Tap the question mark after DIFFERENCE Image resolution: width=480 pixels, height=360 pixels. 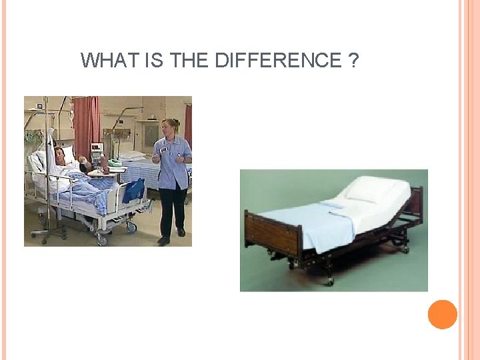(x=353, y=61)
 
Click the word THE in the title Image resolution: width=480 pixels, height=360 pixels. (x=190, y=61)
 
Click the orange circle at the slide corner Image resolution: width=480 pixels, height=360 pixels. (x=442, y=315)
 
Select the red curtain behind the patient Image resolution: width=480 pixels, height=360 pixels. (x=85, y=123)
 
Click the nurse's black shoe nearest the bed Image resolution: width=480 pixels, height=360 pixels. (x=163, y=240)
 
